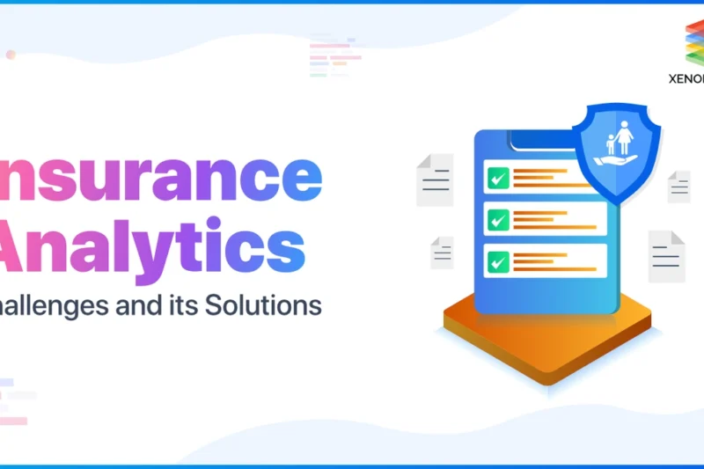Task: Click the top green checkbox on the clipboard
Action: point(499,178)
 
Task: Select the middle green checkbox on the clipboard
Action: point(499,220)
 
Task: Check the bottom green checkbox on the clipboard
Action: point(499,261)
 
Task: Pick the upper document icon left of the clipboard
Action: point(436,180)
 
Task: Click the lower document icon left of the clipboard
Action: point(442,253)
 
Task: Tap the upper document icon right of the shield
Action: point(678,187)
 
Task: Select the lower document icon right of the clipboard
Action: point(665,256)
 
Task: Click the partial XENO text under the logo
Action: point(686,77)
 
